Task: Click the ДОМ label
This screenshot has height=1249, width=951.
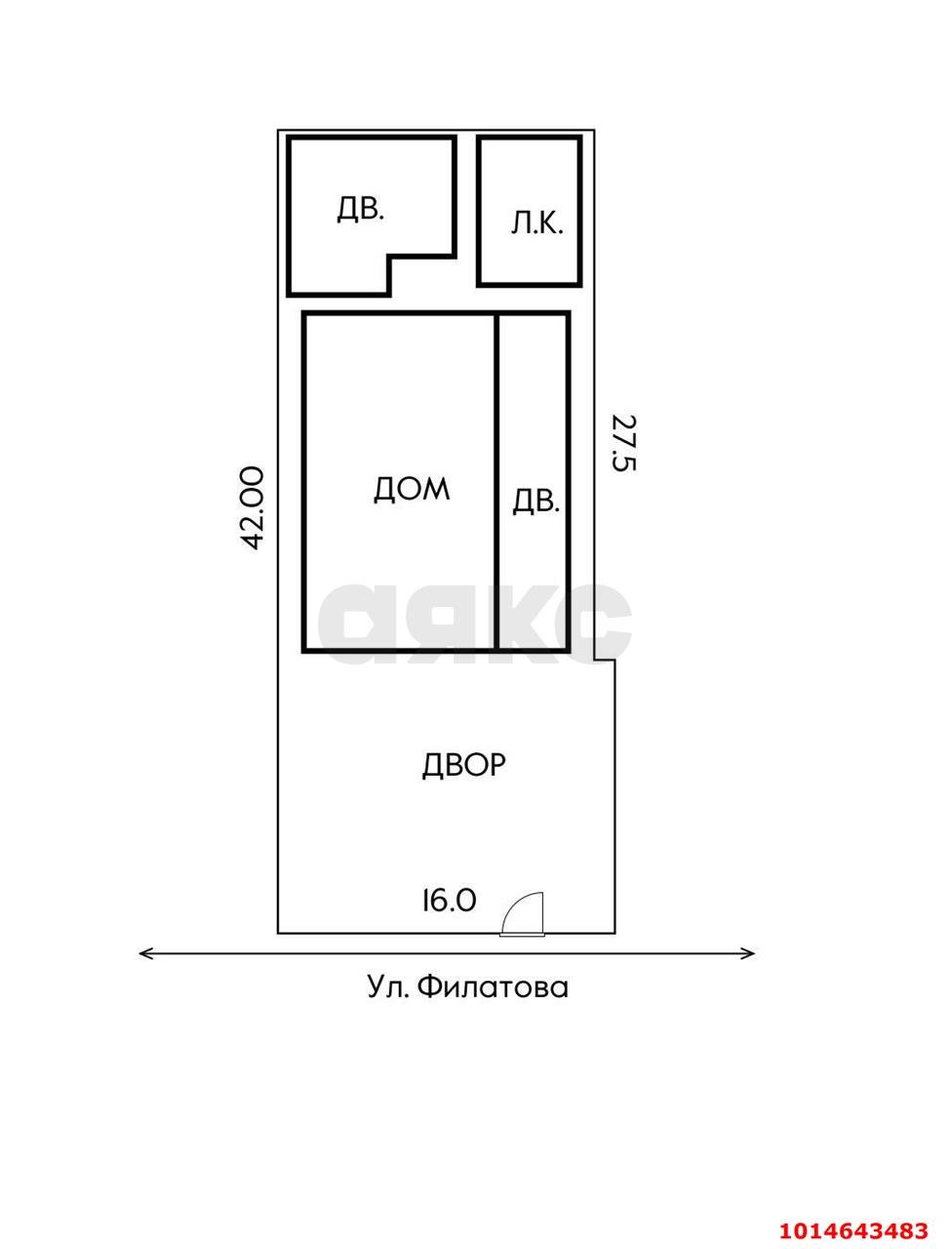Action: pyautogui.click(x=412, y=488)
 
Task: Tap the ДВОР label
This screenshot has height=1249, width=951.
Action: pyautogui.click(x=463, y=764)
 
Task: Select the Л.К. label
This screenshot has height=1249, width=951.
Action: pyautogui.click(x=536, y=224)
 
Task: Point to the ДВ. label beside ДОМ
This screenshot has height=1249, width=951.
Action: pyautogui.click(x=535, y=501)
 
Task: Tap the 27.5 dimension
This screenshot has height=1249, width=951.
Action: pyautogui.click(x=623, y=442)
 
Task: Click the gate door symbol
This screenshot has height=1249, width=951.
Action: pyautogui.click(x=523, y=915)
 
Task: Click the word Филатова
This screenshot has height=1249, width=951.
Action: pyautogui.click(x=493, y=987)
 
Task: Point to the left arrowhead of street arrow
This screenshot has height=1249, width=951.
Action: pyautogui.click(x=144, y=953)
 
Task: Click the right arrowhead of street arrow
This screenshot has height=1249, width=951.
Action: pyautogui.click(x=750, y=953)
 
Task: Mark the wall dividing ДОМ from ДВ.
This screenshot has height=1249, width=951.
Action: pyautogui.click(x=496, y=482)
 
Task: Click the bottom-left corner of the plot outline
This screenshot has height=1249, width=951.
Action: pyautogui.click(x=279, y=932)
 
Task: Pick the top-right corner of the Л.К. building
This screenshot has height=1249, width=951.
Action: pyautogui.click(x=579, y=139)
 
